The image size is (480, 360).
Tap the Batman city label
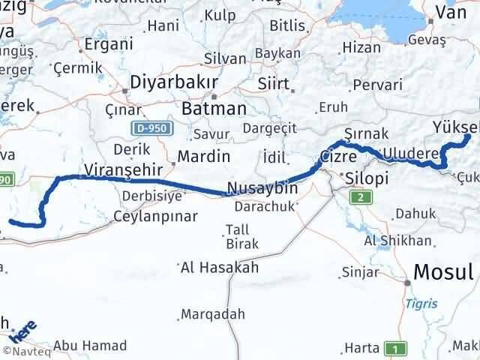pyautogui.click(x=214, y=108)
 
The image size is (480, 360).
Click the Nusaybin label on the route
pyautogui.click(x=262, y=187)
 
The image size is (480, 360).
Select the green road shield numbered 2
pyautogui.click(x=362, y=198)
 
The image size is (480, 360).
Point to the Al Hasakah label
pyautogui.click(x=219, y=266)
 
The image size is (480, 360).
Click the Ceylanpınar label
pyautogui.click(x=155, y=216)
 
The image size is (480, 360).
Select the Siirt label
pyautogui.click(x=273, y=82)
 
